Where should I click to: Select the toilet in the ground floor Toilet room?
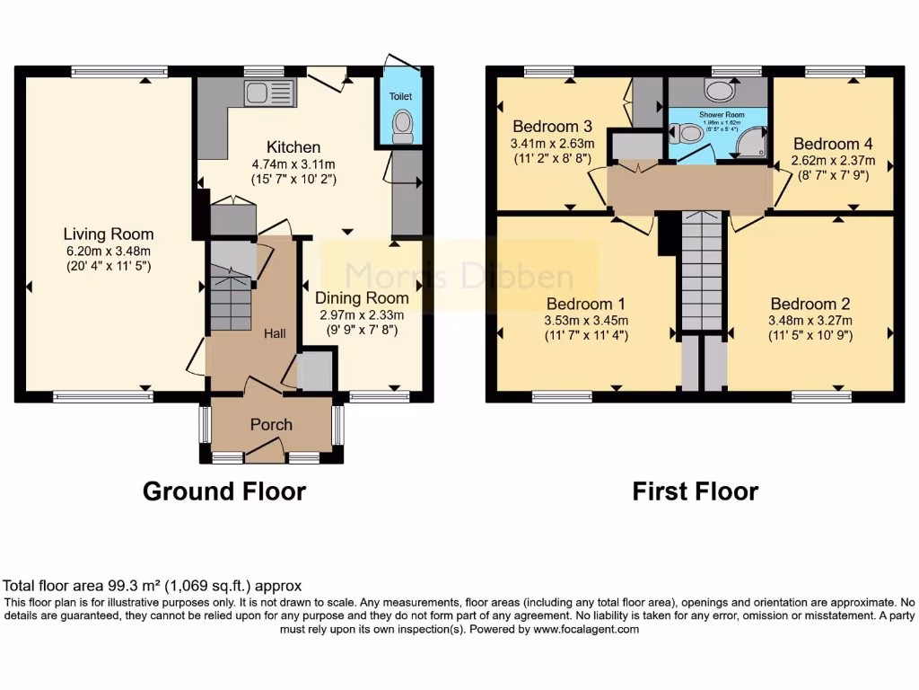tap(402, 127)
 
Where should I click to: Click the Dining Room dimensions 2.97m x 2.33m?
tap(361, 314)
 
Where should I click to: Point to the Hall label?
tap(275, 333)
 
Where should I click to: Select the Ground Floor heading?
tap(224, 491)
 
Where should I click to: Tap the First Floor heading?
tap(695, 491)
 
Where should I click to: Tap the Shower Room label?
tap(717, 114)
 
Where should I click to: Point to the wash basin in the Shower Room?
tap(718, 90)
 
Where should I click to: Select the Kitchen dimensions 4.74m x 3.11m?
tap(293, 164)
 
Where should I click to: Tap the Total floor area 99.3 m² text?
tap(153, 585)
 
